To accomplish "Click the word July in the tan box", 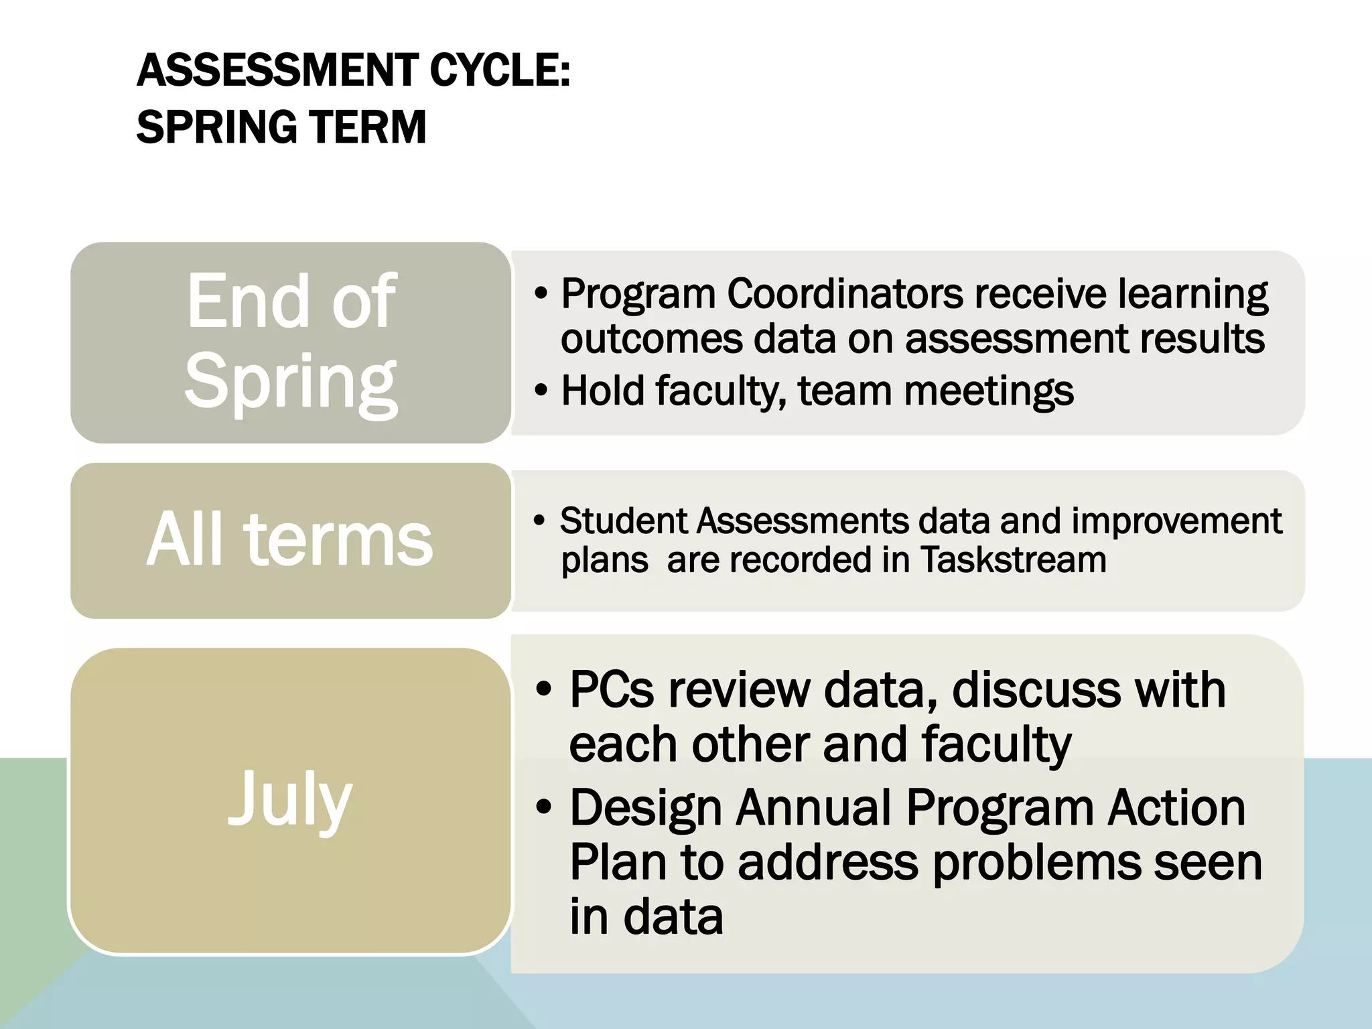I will [x=290, y=799].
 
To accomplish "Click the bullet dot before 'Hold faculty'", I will [x=541, y=391].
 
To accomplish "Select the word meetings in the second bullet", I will [x=989, y=391].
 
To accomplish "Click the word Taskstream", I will [x=1014, y=560].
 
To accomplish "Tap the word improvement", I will [x=1176, y=521].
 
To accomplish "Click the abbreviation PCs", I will [x=611, y=689].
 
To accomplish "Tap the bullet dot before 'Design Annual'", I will [x=544, y=807].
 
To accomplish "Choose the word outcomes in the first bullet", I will [x=651, y=339].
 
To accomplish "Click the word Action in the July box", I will [x=1176, y=807].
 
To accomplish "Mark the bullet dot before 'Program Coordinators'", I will [x=541, y=294].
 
